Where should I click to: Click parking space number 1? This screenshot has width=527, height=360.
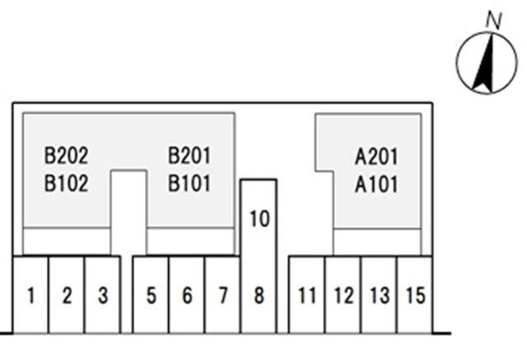pyautogui.click(x=30, y=295)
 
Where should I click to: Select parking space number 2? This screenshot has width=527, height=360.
pyautogui.click(x=67, y=295)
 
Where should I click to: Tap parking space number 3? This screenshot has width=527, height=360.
pyautogui.click(x=103, y=295)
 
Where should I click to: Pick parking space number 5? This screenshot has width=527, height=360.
pyautogui.click(x=151, y=295)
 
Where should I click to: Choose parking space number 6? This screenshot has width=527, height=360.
pyautogui.click(x=187, y=295)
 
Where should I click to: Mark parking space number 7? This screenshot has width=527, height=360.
pyautogui.click(x=222, y=295)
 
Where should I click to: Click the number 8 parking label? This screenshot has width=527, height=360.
pyautogui.click(x=259, y=295)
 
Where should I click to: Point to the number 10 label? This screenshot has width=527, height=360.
pyautogui.click(x=259, y=219)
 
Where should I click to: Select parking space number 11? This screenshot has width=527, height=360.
pyautogui.click(x=307, y=295)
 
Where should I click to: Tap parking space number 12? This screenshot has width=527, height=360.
pyautogui.click(x=343, y=295)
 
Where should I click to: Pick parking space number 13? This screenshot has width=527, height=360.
pyautogui.click(x=380, y=295)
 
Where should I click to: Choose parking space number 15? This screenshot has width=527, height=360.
pyautogui.click(x=416, y=295)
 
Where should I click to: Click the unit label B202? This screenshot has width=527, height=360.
pyautogui.click(x=66, y=155)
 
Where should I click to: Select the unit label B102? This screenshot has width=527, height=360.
pyautogui.click(x=66, y=183)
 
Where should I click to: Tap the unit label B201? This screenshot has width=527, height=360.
pyautogui.click(x=189, y=155)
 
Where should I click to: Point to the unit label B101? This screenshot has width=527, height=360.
pyautogui.click(x=189, y=183)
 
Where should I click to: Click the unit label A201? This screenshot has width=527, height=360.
pyautogui.click(x=376, y=156)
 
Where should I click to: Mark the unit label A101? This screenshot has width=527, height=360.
pyautogui.click(x=376, y=184)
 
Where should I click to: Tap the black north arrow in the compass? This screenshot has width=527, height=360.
pyautogui.click(x=485, y=63)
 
